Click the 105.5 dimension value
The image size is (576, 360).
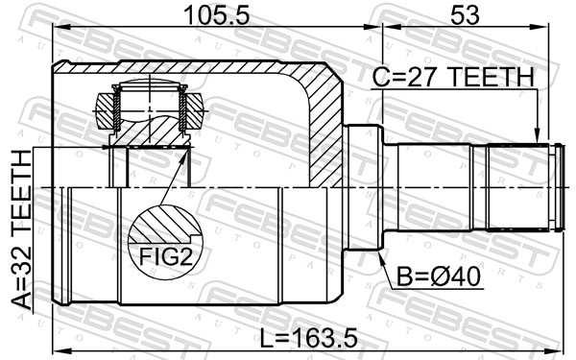click(x=217, y=15)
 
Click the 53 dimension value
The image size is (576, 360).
click(x=465, y=15)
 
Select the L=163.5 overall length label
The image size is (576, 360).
click(x=308, y=338)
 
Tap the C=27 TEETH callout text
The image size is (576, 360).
click(x=452, y=77)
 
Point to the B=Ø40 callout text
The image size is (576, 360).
click(x=439, y=276)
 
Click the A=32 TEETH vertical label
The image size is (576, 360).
click(x=22, y=230)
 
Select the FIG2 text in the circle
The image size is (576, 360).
click(x=166, y=256)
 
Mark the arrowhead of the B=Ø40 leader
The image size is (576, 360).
click(x=381, y=256)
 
